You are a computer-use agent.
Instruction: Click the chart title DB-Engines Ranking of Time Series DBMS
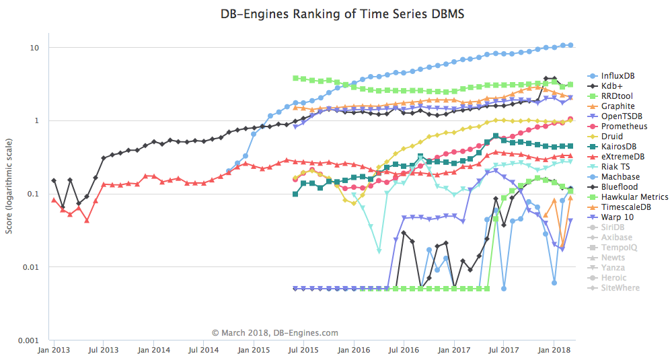[336, 13]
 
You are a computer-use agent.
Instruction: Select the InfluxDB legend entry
[616, 76]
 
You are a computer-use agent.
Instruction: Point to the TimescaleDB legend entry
[625, 207]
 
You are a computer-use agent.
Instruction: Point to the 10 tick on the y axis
[34, 48]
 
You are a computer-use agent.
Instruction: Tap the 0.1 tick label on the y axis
[33, 194]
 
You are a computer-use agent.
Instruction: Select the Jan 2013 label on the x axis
[54, 351]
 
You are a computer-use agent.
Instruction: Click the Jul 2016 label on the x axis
[404, 351]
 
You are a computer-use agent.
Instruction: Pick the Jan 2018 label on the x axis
[554, 351]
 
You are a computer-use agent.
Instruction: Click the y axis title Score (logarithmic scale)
[9, 194]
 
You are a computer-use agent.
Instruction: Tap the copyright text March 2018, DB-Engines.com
[275, 332]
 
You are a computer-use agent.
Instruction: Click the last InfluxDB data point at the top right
[570, 45]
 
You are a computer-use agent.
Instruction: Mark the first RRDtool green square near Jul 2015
[295, 78]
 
